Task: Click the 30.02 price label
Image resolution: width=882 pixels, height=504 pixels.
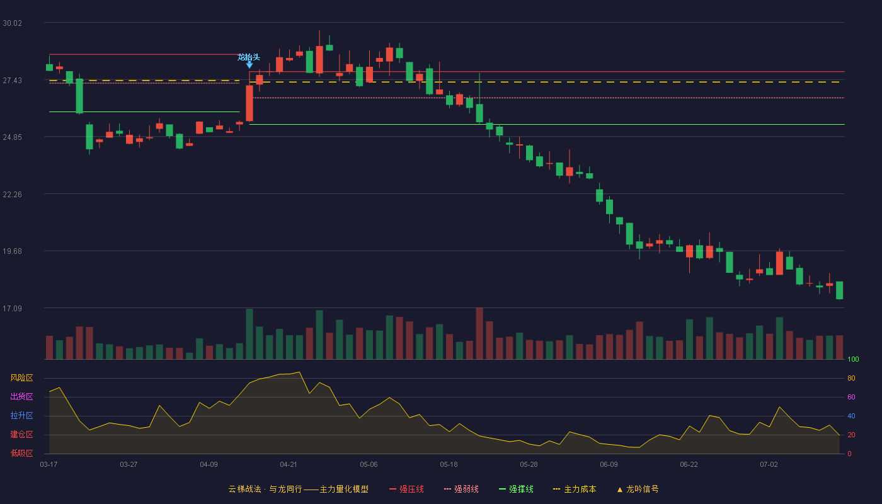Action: (12, 23)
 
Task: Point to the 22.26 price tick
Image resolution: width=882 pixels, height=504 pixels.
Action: (12, 195)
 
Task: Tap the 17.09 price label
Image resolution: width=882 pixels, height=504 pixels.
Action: (12, 308)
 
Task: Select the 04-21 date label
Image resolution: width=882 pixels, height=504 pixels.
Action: (289, 465)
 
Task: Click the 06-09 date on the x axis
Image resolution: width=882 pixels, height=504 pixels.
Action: (609, 465)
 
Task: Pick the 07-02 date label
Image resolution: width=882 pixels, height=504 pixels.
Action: (769, 465)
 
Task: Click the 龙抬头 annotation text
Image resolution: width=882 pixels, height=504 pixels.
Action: (249, 57)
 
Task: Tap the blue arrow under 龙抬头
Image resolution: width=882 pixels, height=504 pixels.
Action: (249, 64)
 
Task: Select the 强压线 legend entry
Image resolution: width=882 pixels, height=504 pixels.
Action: (406, 489)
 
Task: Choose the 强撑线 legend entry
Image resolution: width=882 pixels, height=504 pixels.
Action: (516, 489)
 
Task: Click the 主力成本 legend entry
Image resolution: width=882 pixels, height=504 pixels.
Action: (575, 489)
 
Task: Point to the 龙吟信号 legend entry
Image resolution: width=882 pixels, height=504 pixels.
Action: (638, 489)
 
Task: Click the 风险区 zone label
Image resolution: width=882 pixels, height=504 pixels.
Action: (21, 378)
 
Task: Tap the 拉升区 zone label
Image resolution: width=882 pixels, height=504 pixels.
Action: (21, 416)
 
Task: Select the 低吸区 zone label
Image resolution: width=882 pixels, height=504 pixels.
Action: (21, 454)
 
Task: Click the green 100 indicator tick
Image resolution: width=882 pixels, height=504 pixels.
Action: (853, 359)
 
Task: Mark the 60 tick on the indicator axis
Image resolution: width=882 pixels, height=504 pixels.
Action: (851, 397)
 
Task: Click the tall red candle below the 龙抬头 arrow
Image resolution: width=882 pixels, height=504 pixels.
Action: (249, 103)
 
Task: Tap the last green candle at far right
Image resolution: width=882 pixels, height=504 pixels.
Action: (839, 290)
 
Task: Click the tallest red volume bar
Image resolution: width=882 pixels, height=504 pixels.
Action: (479, 333)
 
